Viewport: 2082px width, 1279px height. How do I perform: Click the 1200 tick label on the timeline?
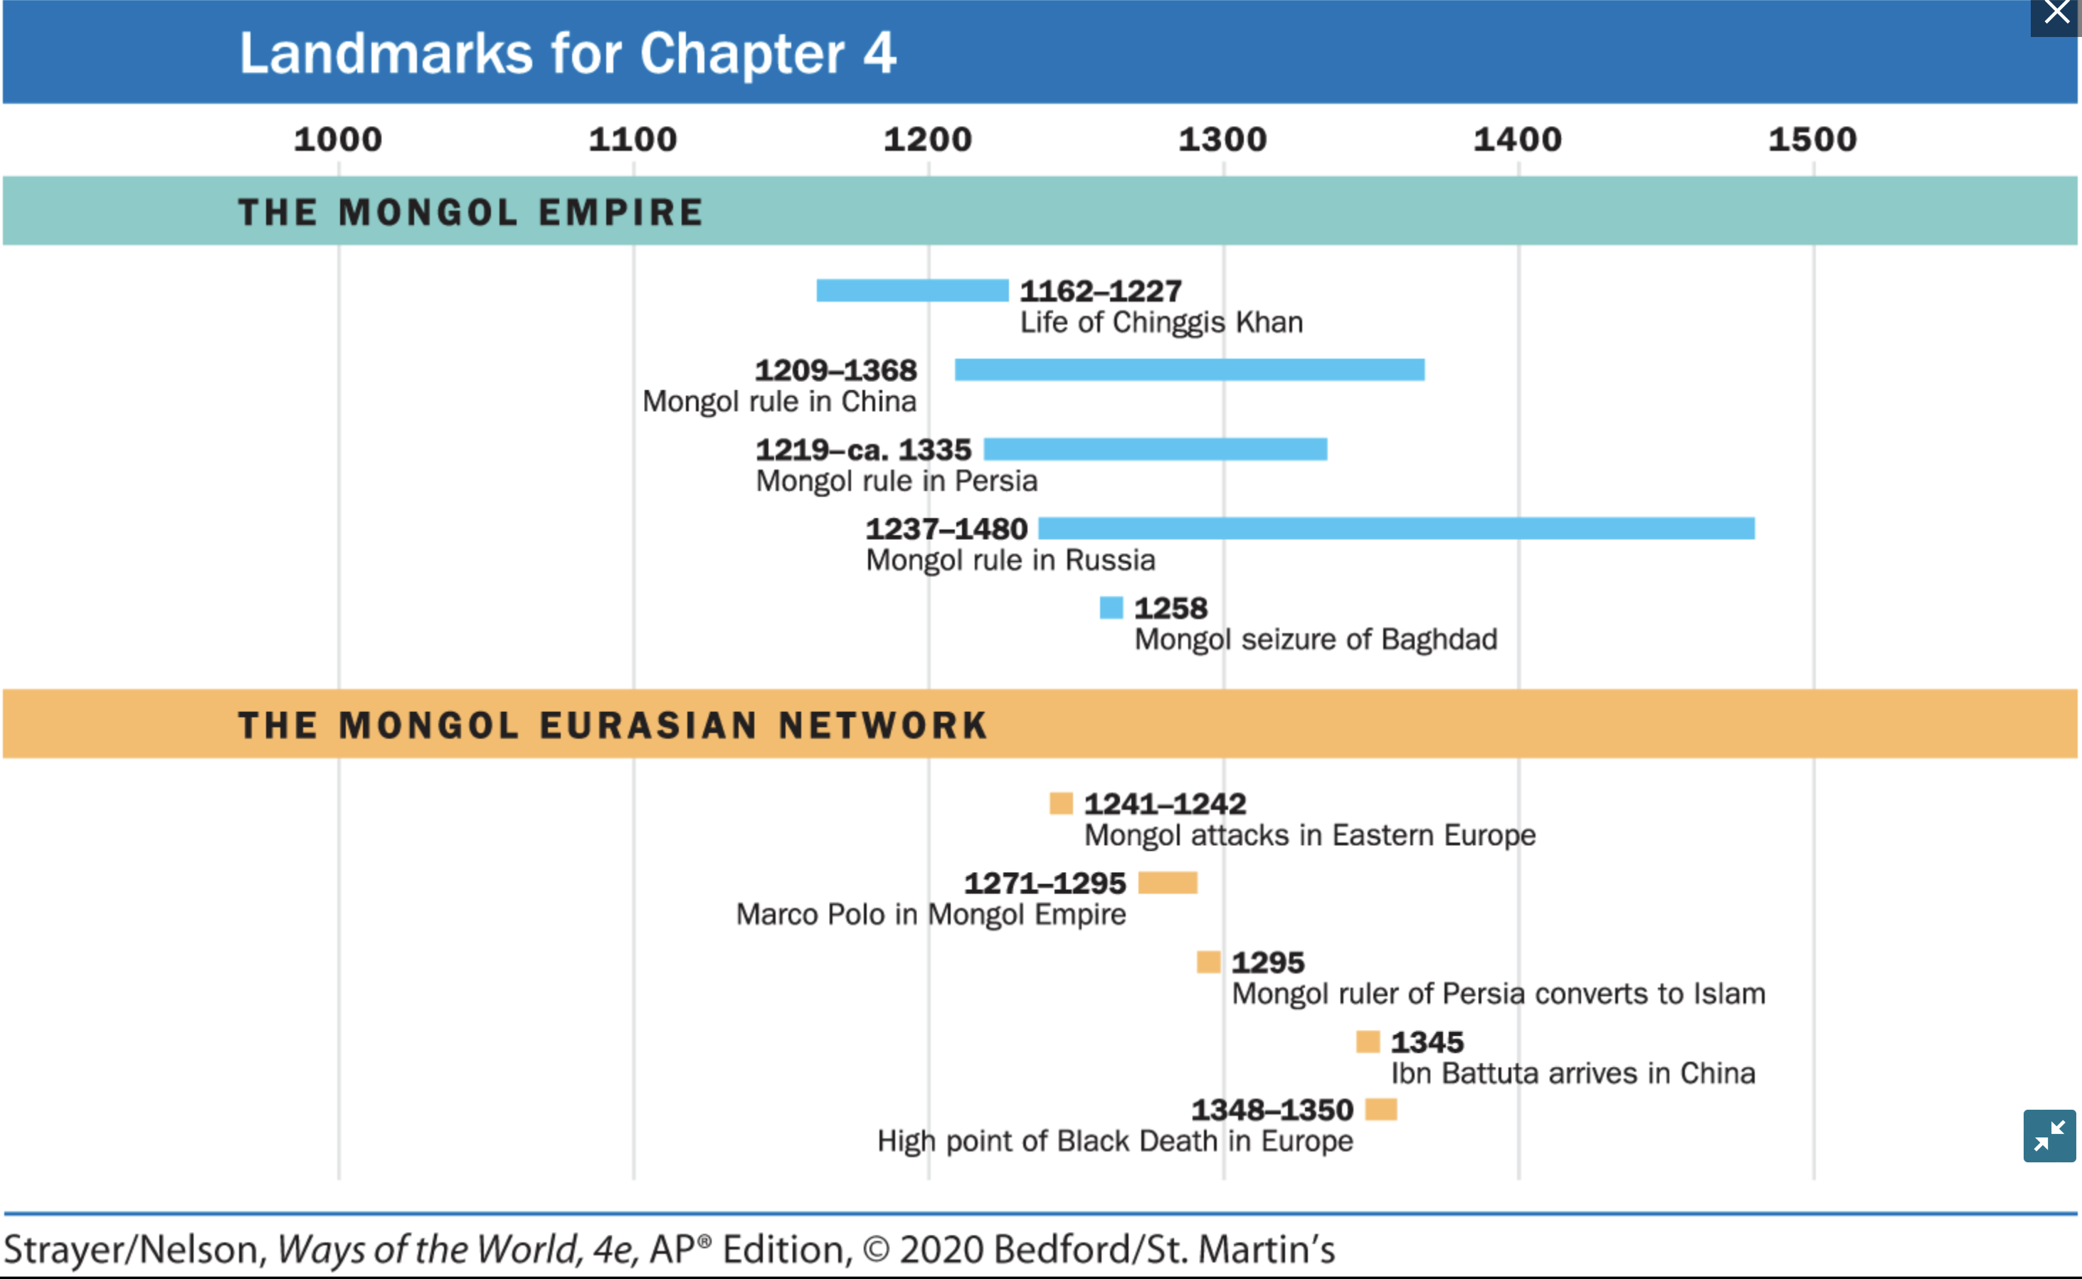928,139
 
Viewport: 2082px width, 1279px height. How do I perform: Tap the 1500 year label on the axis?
1812,139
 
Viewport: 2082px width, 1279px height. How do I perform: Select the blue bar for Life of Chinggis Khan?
912,290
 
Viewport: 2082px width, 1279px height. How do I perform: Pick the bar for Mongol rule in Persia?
1155,449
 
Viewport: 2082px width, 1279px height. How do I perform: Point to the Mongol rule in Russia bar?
1396,529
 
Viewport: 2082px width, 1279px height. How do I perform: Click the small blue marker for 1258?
1111,607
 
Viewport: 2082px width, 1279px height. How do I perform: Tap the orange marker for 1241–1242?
1061,803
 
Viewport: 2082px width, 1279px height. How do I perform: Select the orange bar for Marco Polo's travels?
1168,882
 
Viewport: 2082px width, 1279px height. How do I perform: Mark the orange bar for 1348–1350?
1380,1109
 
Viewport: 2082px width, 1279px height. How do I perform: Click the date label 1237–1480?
946,529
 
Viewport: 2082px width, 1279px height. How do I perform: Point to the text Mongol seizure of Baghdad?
1316,639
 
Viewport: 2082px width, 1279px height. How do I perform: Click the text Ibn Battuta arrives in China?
1573,1073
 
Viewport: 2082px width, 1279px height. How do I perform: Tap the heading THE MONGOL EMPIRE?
470,212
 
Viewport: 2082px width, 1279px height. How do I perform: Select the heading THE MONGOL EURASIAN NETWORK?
613,725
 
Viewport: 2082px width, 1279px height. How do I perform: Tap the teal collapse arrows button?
2049,1136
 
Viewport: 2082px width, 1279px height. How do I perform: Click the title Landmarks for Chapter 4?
568,53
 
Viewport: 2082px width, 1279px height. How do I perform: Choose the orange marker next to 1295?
1208,962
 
